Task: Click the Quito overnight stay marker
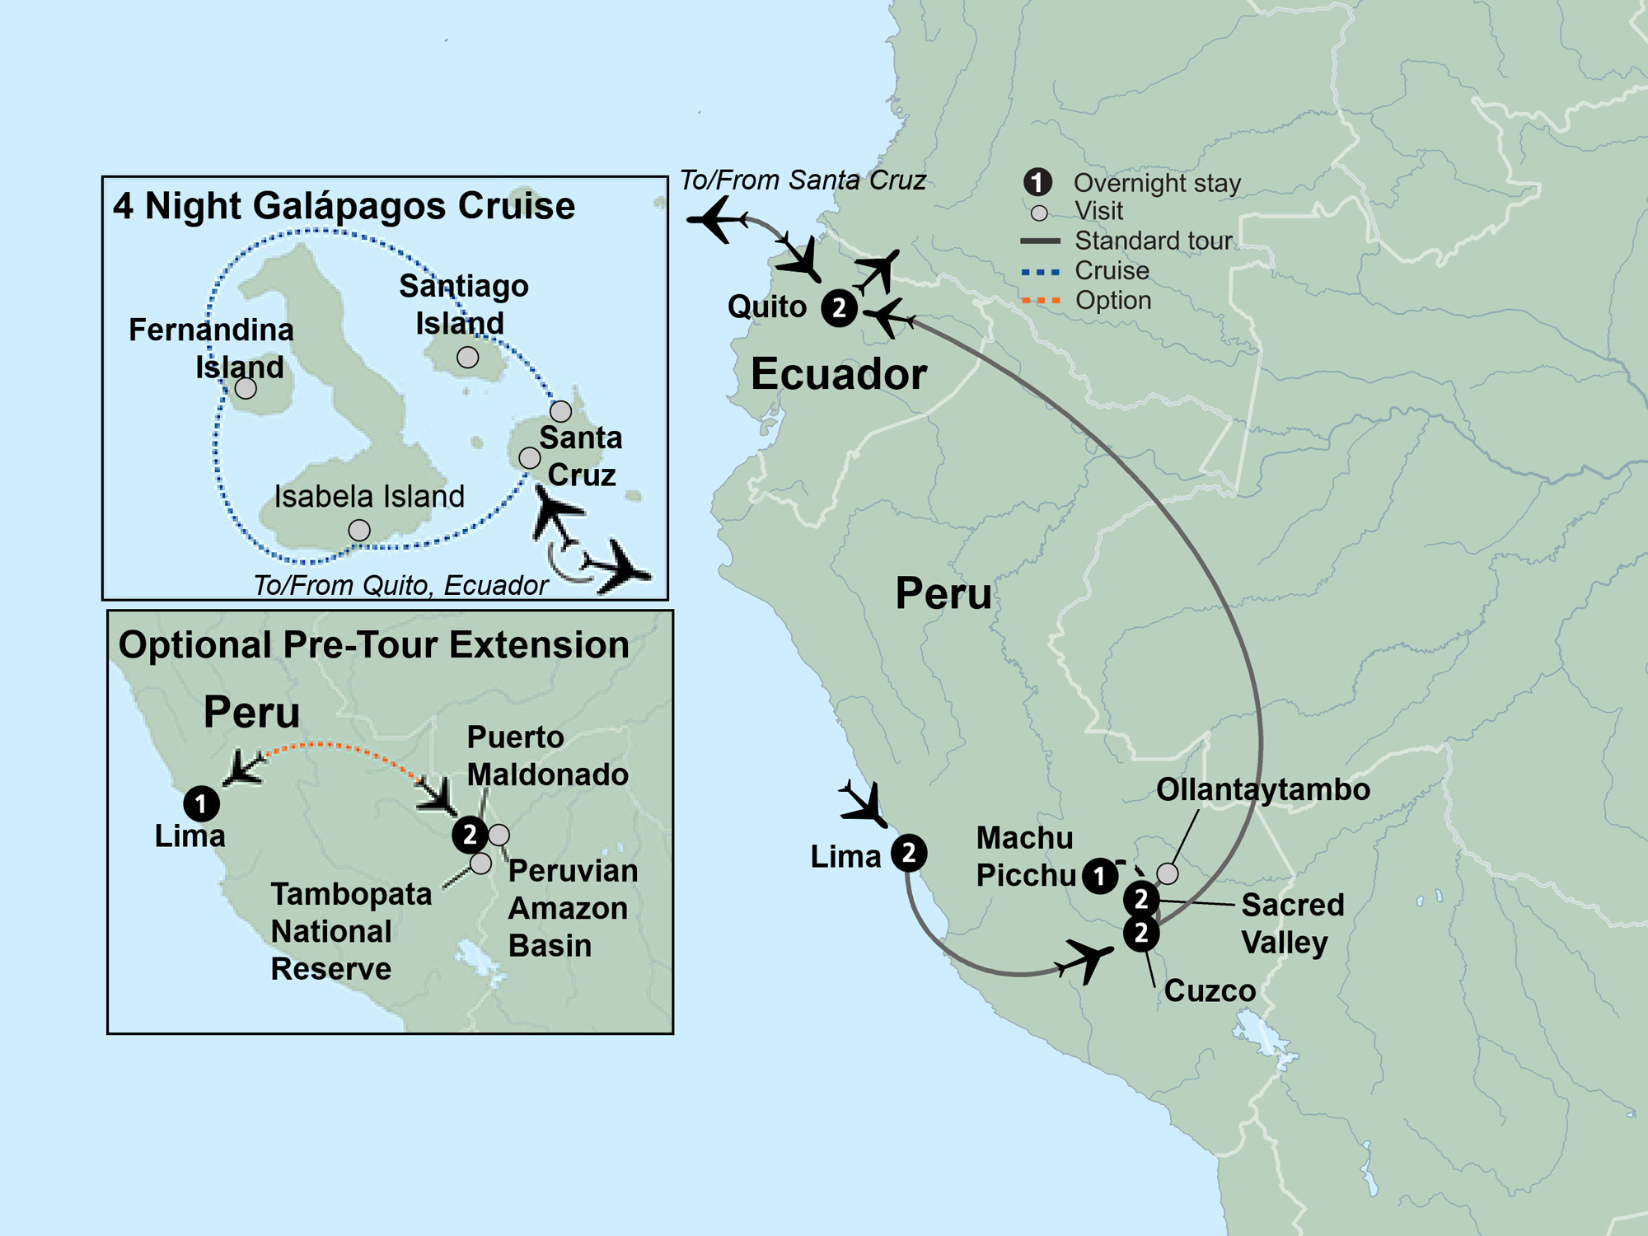tap(839, 308)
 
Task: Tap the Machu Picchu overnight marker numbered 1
tap(1099, 876)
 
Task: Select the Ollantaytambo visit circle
tap(1167, 873)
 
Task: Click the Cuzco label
tap(1209, 990)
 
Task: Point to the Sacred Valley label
tap(1291, 923)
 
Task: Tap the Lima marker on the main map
tap(908, 853)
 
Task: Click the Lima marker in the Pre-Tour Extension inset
tap(201, 803)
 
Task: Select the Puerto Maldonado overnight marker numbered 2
tap(470, 835)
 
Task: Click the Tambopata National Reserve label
tap(350, 931)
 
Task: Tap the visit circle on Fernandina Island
tap(246, 388)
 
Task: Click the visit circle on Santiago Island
tap(467, 358)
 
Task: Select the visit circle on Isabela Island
tap(359, 530)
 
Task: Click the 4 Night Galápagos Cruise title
tap(344, 205)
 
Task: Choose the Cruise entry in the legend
tap(1111, 270)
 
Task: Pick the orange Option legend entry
tap(1112, 300)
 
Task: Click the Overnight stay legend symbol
tap(1037, 182)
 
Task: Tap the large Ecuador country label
tap(838, 374)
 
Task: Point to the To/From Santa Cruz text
tap(802, 180)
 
